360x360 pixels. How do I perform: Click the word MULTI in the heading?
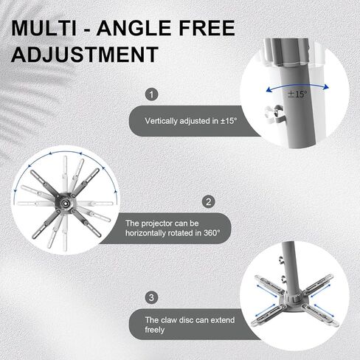pyautogui.click(x=44, y=28)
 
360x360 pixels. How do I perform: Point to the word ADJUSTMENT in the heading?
pyautogui.click(x=85, y=55)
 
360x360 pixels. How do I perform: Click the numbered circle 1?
pyautogui.click(x=151, y=94)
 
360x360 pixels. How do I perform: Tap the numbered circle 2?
pyautogui.click(x=209, y=201)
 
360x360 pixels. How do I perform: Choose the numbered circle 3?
pyautogui.click(x=151, y=297)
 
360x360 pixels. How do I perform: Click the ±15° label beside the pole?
pyautogui.click(x=298, y=94)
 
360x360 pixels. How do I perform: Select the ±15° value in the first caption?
pyautogui.click(x=229, y=121)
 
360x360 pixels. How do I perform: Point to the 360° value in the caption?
pyautogui.click(x=212, y=232)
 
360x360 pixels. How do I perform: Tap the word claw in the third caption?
pyautogui.click(x=169, y=320)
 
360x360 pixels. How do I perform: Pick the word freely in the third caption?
pyautogui.click(x=155, y=330)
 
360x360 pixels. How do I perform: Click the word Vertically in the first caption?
pyautogui.click(x=162, y=121)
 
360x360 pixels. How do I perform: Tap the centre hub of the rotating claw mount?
pyautogui.click(x=66, y=202)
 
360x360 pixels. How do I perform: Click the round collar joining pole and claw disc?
pyautogui.click(x=294, y=299)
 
